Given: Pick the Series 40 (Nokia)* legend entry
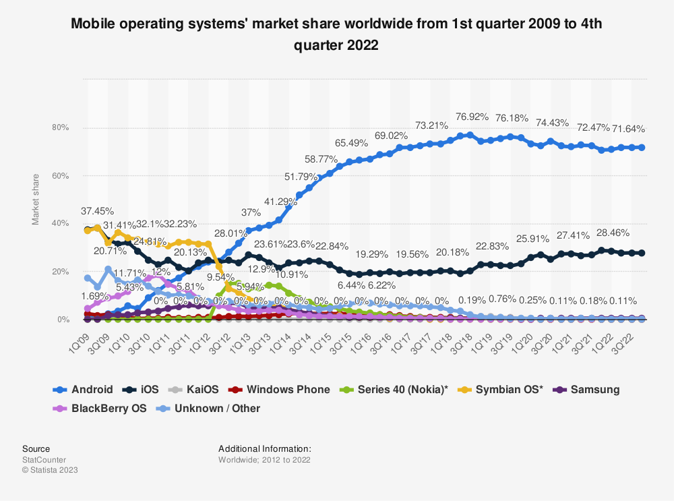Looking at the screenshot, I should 395,389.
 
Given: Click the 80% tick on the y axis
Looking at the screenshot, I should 61,128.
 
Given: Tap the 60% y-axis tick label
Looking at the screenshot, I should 61,176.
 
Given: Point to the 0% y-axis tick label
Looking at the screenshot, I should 63,320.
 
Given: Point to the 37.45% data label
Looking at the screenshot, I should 98,210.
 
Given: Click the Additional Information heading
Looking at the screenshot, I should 265,448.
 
